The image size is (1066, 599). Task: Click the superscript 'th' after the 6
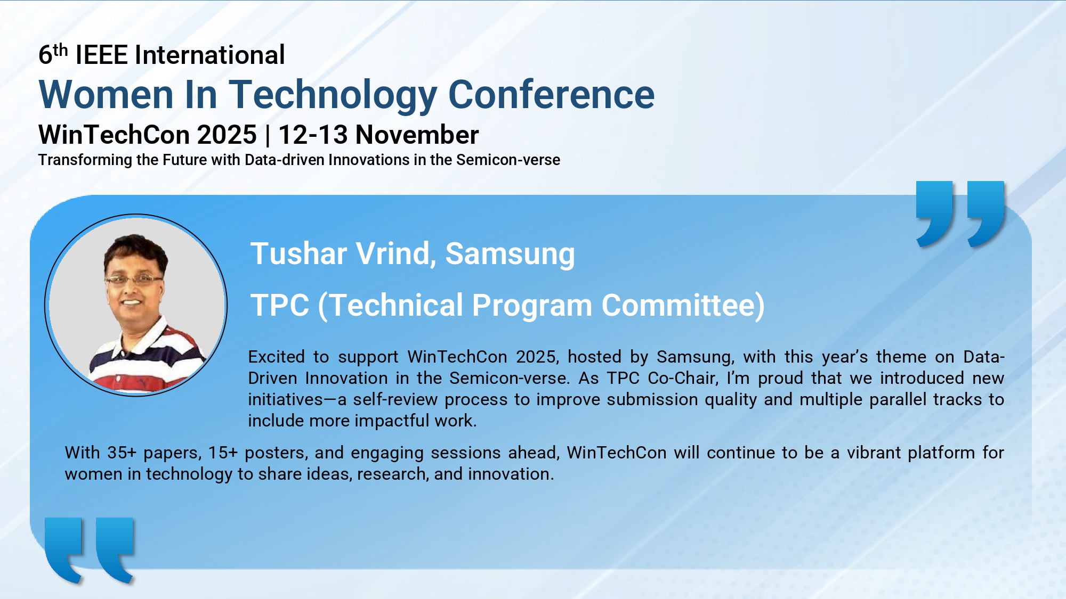tap(61, 50)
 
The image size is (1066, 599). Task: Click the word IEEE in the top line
tap(102, 55)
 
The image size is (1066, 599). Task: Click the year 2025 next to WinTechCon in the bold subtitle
tap(227, 135)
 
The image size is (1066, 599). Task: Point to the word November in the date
tap(417, 135)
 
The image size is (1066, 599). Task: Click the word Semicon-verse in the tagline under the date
tap(508, 160)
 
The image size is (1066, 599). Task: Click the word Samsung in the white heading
tap(510, 255)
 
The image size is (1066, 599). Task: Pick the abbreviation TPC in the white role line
tap(280, 305)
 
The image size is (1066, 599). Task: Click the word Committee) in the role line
tap(683, 306)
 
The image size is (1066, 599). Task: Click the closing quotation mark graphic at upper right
tap(960, 214)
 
